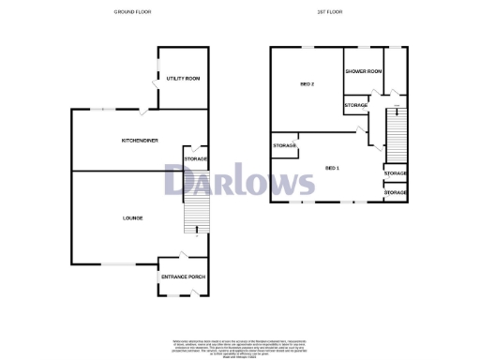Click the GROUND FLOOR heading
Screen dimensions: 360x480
click(x=132, y=12)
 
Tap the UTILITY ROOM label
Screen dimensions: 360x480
click(x=183, y=79)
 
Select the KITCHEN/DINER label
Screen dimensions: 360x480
click(x=139, y=141)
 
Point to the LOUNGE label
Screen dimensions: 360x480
click(x=132, y=218)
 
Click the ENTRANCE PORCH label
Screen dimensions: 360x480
click(x=183, y=277)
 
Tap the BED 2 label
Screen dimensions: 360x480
click(x=306, y=84)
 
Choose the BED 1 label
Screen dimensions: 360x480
click(x=332, y=168)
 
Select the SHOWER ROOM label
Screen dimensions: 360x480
click(x=363, y=71)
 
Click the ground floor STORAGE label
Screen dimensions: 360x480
click(x=196, y=159)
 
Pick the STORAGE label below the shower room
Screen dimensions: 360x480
click(x=356, y=105)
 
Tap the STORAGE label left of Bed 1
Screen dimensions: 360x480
click(x=285, y=146)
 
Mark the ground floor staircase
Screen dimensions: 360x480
click(x=193, y=220)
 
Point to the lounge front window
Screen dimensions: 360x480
click(x=115, y=262)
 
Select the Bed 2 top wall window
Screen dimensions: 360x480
click(x=307, y=47)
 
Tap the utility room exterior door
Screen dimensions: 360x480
click(x=155, y=85)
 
